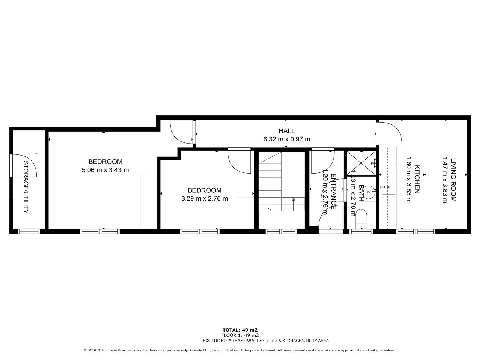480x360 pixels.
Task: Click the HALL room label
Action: coord(287,131)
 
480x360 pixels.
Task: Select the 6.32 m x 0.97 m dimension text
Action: coord(287,139)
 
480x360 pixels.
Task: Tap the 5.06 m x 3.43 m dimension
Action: coord(105,170)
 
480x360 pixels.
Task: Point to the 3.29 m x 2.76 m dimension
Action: coord(204,198)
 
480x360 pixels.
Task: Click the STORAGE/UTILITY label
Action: coord(26,187)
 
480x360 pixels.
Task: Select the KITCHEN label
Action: coord(417,180)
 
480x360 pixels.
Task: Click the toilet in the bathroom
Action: coord(361,219)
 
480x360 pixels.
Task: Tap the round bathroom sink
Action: coord(369,192)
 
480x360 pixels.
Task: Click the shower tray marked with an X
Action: coord(361,163)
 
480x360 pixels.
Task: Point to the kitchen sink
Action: coord(388,187)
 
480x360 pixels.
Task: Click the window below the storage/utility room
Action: coord(29,231)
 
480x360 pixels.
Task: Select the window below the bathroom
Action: coord(361,231)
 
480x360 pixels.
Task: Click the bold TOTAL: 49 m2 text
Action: coord(240,330)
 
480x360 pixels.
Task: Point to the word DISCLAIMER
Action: coord(95,350)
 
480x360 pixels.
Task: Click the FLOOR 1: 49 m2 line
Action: coord(240,335)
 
